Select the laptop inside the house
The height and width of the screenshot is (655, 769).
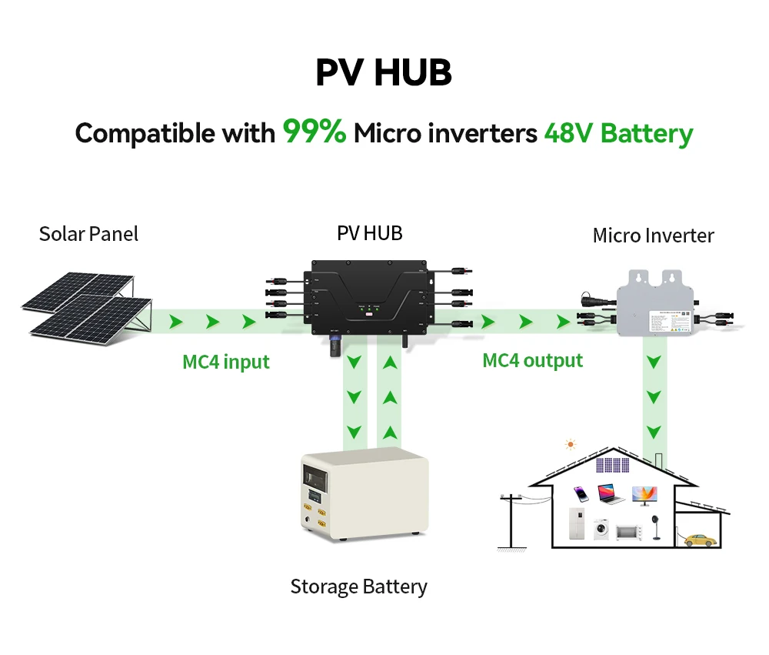pos(611,494)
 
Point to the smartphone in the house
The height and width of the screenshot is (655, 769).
pos(583,495)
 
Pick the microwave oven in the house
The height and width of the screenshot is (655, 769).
pos(628,532)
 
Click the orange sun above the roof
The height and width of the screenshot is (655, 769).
pos(570,444)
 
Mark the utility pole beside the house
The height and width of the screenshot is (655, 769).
pos(508,520)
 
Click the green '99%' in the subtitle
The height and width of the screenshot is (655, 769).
pos(315,132)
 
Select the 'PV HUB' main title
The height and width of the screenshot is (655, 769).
pos(384,72)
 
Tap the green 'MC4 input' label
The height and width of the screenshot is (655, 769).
pos(226,362)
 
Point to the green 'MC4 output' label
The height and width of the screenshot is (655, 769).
pos(532,360)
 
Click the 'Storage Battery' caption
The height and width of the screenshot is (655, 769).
pos(358,587)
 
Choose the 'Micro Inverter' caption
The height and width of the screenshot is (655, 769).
pos(653,236)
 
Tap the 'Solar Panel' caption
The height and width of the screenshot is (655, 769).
pos(88,234)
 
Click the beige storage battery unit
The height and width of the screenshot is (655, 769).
pos(364,497)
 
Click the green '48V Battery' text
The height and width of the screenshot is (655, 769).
pos(618,134)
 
